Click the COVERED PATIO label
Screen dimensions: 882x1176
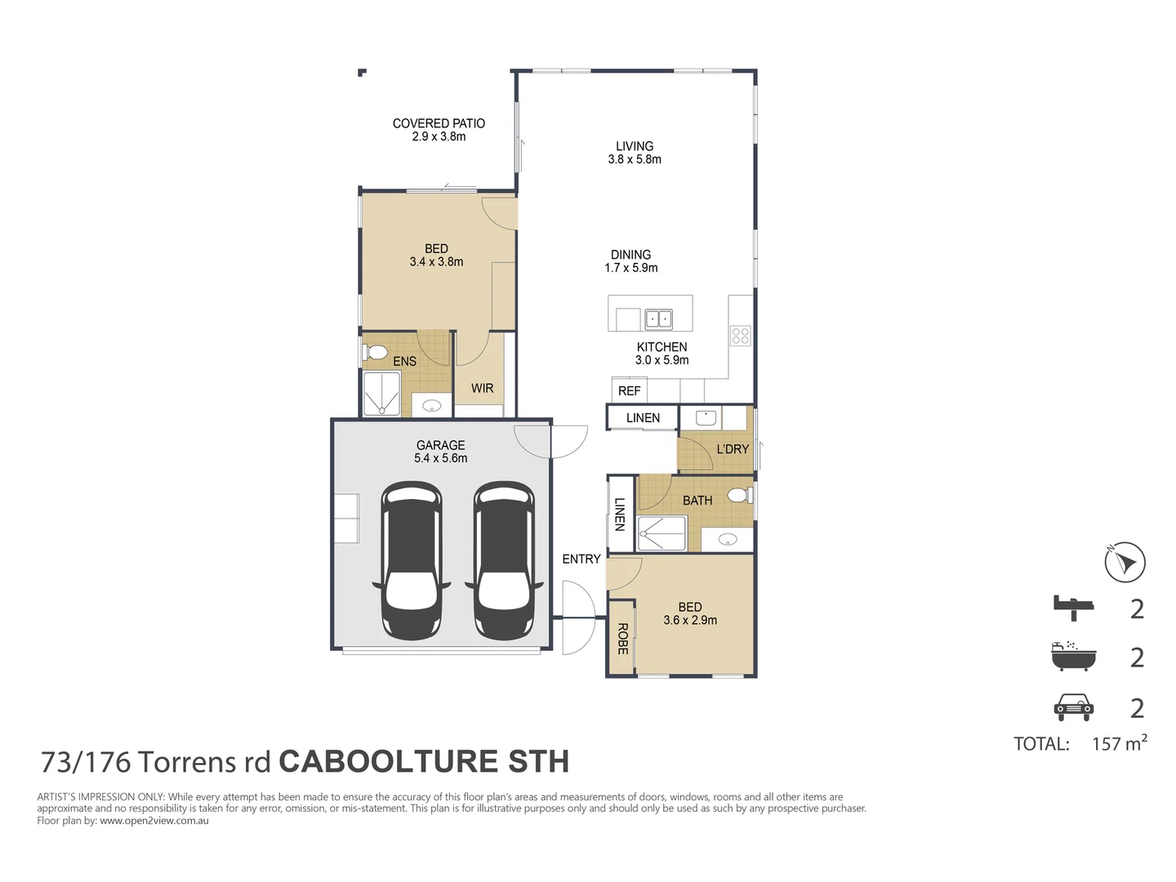pos(439,123)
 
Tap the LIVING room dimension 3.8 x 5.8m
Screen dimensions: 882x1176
pos(635,159)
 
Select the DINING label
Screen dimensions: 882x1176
pos(630,255)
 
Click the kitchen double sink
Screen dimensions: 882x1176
pos(658,318)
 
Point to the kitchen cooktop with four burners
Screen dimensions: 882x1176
pos(740,335)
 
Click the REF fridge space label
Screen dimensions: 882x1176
pos(629,391)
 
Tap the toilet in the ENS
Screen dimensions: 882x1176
pos(375,353)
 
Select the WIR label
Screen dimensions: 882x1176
pos(482,389)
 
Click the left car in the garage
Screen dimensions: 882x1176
pos(412,560)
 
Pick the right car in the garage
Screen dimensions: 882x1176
pos(504,560)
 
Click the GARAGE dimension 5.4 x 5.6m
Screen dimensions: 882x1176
pos(440,458)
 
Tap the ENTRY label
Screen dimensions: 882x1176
pos(581,559)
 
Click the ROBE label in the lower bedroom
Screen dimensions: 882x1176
pos(622,639)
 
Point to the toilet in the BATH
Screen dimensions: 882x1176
pos(739,495)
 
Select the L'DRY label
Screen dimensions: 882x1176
pos(732,449)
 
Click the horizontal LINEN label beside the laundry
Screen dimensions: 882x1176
pos(643,418)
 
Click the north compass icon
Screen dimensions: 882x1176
pos(1125,562)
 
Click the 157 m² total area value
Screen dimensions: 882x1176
pos(1118,743)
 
